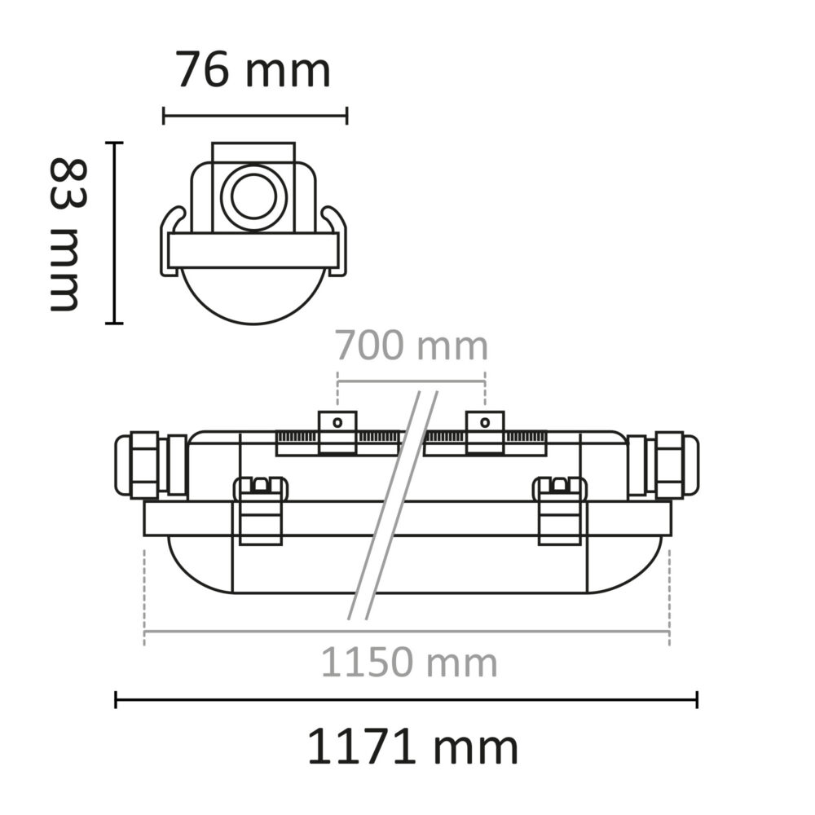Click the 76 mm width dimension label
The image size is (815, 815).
pyautogui.click(x=253, y=70)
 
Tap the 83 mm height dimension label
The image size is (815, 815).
pyautogui.click(x=66, y=235)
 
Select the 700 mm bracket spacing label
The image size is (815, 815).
pyautogui.click(x=412, y=346)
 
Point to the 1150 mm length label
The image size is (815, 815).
pyautogui.click(x=408, y=663)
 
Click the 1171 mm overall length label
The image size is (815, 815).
pyautogui.click(x=412, y=747)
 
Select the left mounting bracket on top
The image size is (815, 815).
pyautogui.click(x=337, y=433)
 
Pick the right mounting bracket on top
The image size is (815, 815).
pyautogui.click(x=485, y=433)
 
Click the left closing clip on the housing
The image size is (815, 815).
pyautogui.click(x=261, y=510)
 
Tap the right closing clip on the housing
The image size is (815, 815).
pyautogui.click(x=560, y=510)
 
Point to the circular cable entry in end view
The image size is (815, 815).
pyautogui.click(x=253, y=196)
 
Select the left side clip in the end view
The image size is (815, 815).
pyautogui.click(x=170, y=240)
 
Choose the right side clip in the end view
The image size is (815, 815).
pyautogui.click(x=337, y=240)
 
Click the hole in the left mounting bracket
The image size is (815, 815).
pyautogui.click(x=337, y=422)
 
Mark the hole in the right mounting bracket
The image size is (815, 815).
pyautogui.click(x=485, y=422)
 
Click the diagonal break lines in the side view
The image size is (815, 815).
pyautogui.click(x=393, y=505)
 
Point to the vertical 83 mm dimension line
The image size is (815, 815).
pyautogui.click(x=115, y=233)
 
